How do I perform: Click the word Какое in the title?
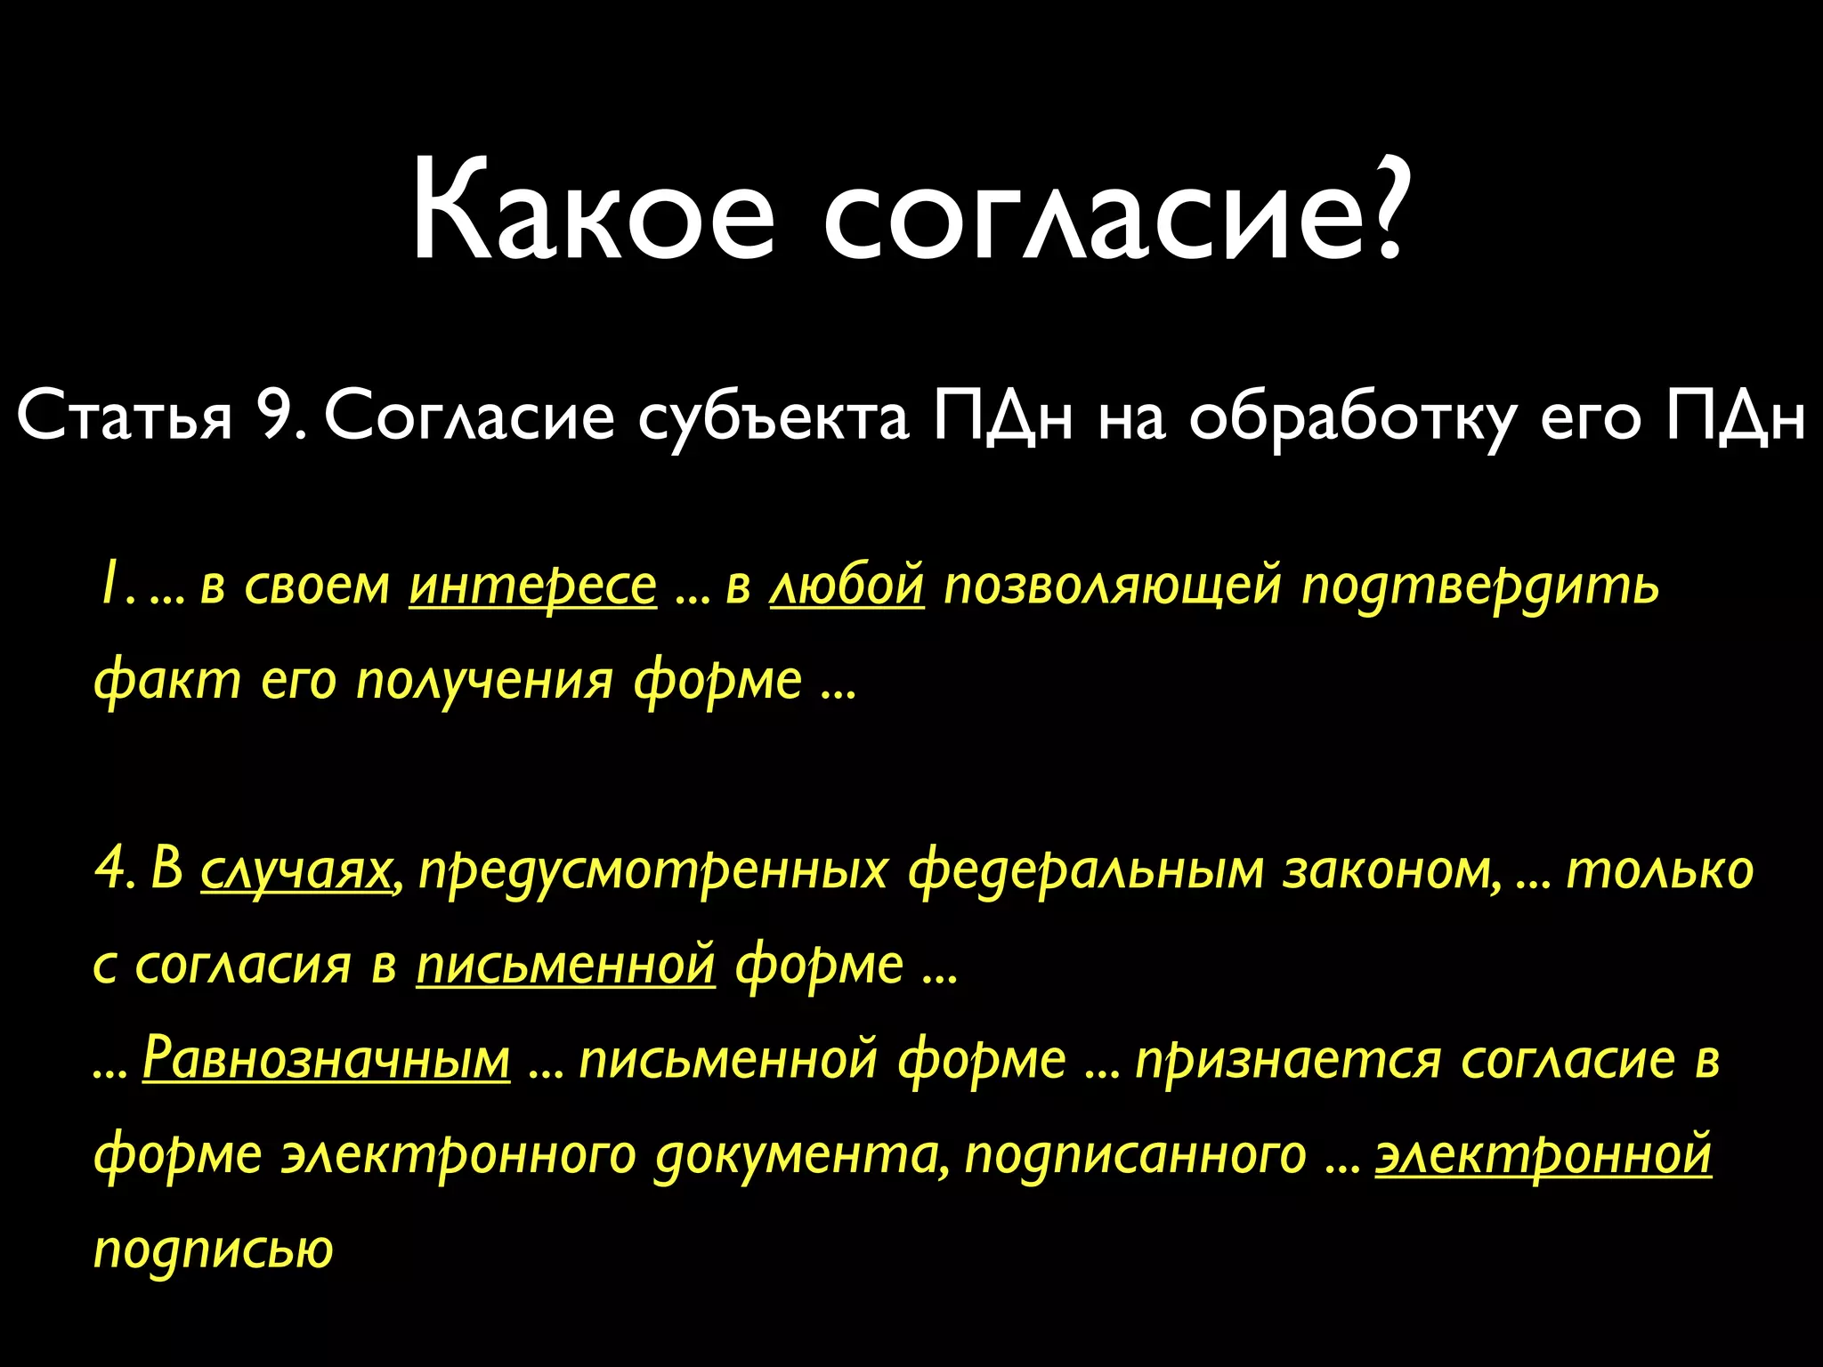coord(592,214)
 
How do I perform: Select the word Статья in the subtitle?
coord(125,417)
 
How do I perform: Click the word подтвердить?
coord(1479,587)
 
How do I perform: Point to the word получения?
coord(484,681)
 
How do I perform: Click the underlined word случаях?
coord(296,870)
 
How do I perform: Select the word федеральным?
coord(1085,870)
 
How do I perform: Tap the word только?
coord(1659,870)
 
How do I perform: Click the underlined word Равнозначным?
coord(326,1059)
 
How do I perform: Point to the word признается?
coord(1287,1059)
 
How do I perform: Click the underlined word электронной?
coord(1543,1154)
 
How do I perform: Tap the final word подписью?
coord(214,1249)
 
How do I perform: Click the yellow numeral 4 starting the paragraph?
coord(110,870)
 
